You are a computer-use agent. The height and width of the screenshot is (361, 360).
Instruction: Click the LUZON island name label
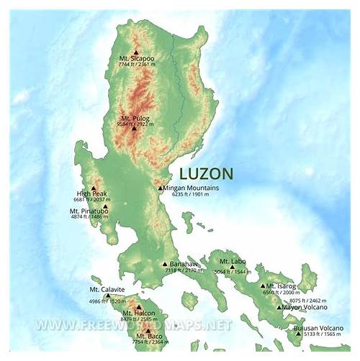coord(205,173)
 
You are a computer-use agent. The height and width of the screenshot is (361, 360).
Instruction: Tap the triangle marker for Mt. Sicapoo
coord(135,52)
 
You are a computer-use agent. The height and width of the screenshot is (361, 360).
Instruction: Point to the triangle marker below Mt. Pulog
coord(134,129)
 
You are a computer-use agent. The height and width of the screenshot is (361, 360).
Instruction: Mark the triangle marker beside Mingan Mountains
coord(161,188)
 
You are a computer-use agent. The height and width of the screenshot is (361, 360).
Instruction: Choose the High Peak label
coord(92,193)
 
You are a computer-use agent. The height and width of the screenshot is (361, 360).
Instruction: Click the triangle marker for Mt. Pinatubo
coord(105,206)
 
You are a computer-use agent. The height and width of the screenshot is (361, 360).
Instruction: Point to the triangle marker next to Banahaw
coord(164,264)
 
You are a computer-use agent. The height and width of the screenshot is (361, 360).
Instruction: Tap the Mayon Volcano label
coord(305,307)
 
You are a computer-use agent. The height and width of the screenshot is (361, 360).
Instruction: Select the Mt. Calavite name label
coord(107,289)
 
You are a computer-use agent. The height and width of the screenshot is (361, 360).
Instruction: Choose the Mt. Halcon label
coord(138,313)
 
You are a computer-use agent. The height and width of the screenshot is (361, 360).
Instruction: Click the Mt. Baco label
coord(148,336)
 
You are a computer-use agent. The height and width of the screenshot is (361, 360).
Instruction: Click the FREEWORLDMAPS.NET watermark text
coord(135,324)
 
